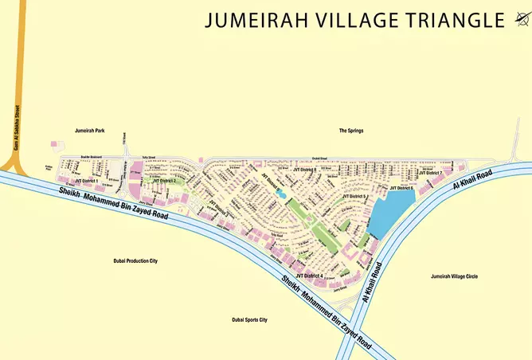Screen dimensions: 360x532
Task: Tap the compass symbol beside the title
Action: (x=521, y=19)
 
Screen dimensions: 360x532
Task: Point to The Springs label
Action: (x=350, y=130)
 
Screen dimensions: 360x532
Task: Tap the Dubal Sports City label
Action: (x=249, y=319)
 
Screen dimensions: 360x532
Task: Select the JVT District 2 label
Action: (x=163, y=181)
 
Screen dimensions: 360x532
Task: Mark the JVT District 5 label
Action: (x=354, y=195)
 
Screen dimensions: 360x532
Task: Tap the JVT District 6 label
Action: (x=401, y=187)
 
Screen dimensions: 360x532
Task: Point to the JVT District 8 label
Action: (x=304, y=170)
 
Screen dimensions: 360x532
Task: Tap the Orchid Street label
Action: (x=319, y=158)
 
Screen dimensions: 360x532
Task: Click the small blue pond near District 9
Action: (x=280, y=194)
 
